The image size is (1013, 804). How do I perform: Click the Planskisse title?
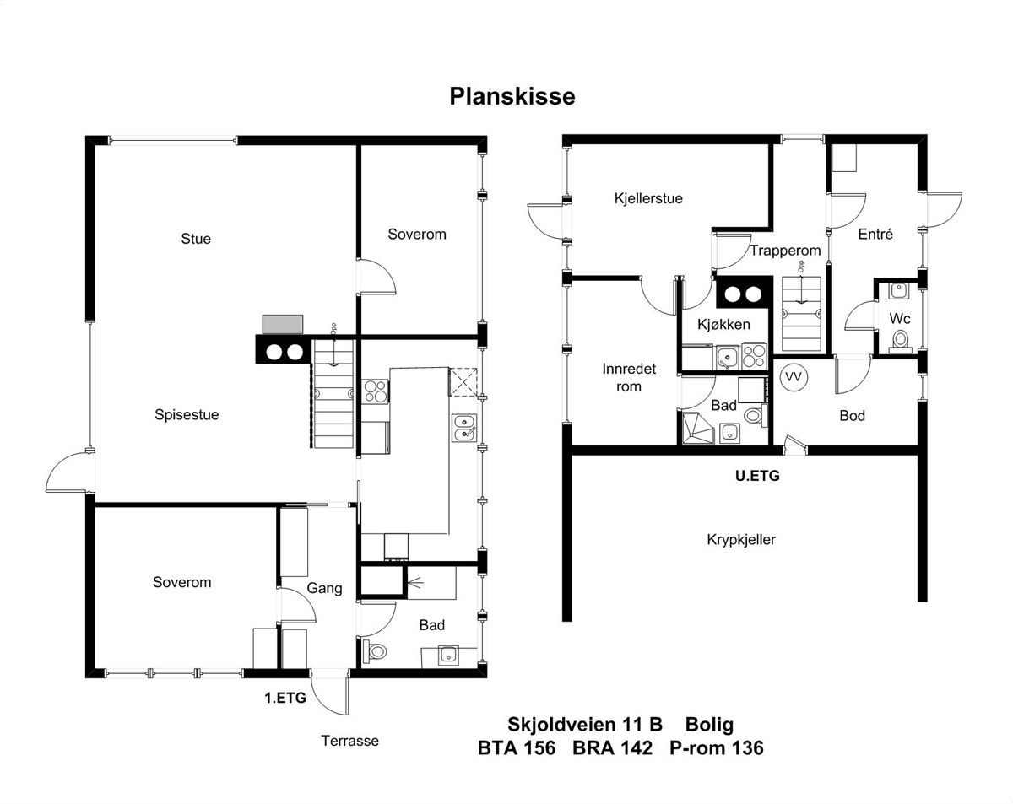tap(512, 96)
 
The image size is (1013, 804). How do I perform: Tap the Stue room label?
tap(196, 239)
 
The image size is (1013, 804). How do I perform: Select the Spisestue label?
tap(187, 415)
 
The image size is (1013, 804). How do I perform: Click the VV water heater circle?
tap(794, 377)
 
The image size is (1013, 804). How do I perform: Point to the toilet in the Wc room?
tap(901, 341)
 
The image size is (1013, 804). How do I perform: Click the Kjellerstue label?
tap(648, 198)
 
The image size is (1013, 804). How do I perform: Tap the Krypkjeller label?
tap(741, 539)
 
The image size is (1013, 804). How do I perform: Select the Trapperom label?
tap(785, 251)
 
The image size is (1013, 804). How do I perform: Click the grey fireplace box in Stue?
tap(283, 325)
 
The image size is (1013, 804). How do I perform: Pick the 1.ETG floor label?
tap(285, 698)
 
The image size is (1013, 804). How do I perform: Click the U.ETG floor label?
tap(757, 476)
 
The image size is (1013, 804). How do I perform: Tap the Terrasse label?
tap(349, 741)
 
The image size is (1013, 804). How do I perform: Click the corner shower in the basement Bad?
tap(696, 428)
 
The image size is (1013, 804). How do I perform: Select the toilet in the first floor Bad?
tap(375, 651)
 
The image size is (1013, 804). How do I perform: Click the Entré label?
tap(875, 234)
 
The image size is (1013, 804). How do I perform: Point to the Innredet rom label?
tap(629, 377)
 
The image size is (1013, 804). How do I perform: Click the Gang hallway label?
tap(324, 589)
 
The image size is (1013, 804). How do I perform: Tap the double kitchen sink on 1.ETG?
tap(464, 428)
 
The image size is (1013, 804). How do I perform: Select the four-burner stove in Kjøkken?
tap(754, 356)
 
